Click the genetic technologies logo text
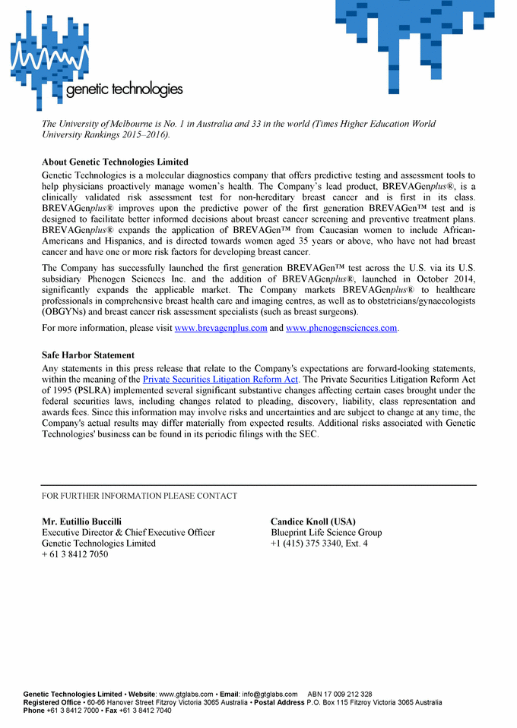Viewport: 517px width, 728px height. coord(125,90)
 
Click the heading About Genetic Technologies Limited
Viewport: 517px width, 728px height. coord(115,162)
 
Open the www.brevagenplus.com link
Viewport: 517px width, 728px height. coord(220,328)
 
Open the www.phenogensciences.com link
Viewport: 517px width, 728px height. coord(341,328)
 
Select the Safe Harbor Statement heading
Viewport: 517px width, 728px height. coord(88,355)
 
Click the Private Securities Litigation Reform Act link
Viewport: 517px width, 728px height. coord(220,379)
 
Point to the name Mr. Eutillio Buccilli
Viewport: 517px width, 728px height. coord(81,522)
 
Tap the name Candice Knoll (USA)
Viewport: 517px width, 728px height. coord(312,522)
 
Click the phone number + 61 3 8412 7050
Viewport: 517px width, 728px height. coord(75,554)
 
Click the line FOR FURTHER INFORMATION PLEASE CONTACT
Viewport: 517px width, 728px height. coord(139,496)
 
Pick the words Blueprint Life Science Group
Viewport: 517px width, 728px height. coord(326,533)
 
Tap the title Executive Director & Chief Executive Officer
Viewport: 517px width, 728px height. coord(128,533)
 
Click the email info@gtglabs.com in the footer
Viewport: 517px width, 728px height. coord(269,694)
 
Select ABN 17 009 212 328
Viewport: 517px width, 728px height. coord(340,694)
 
